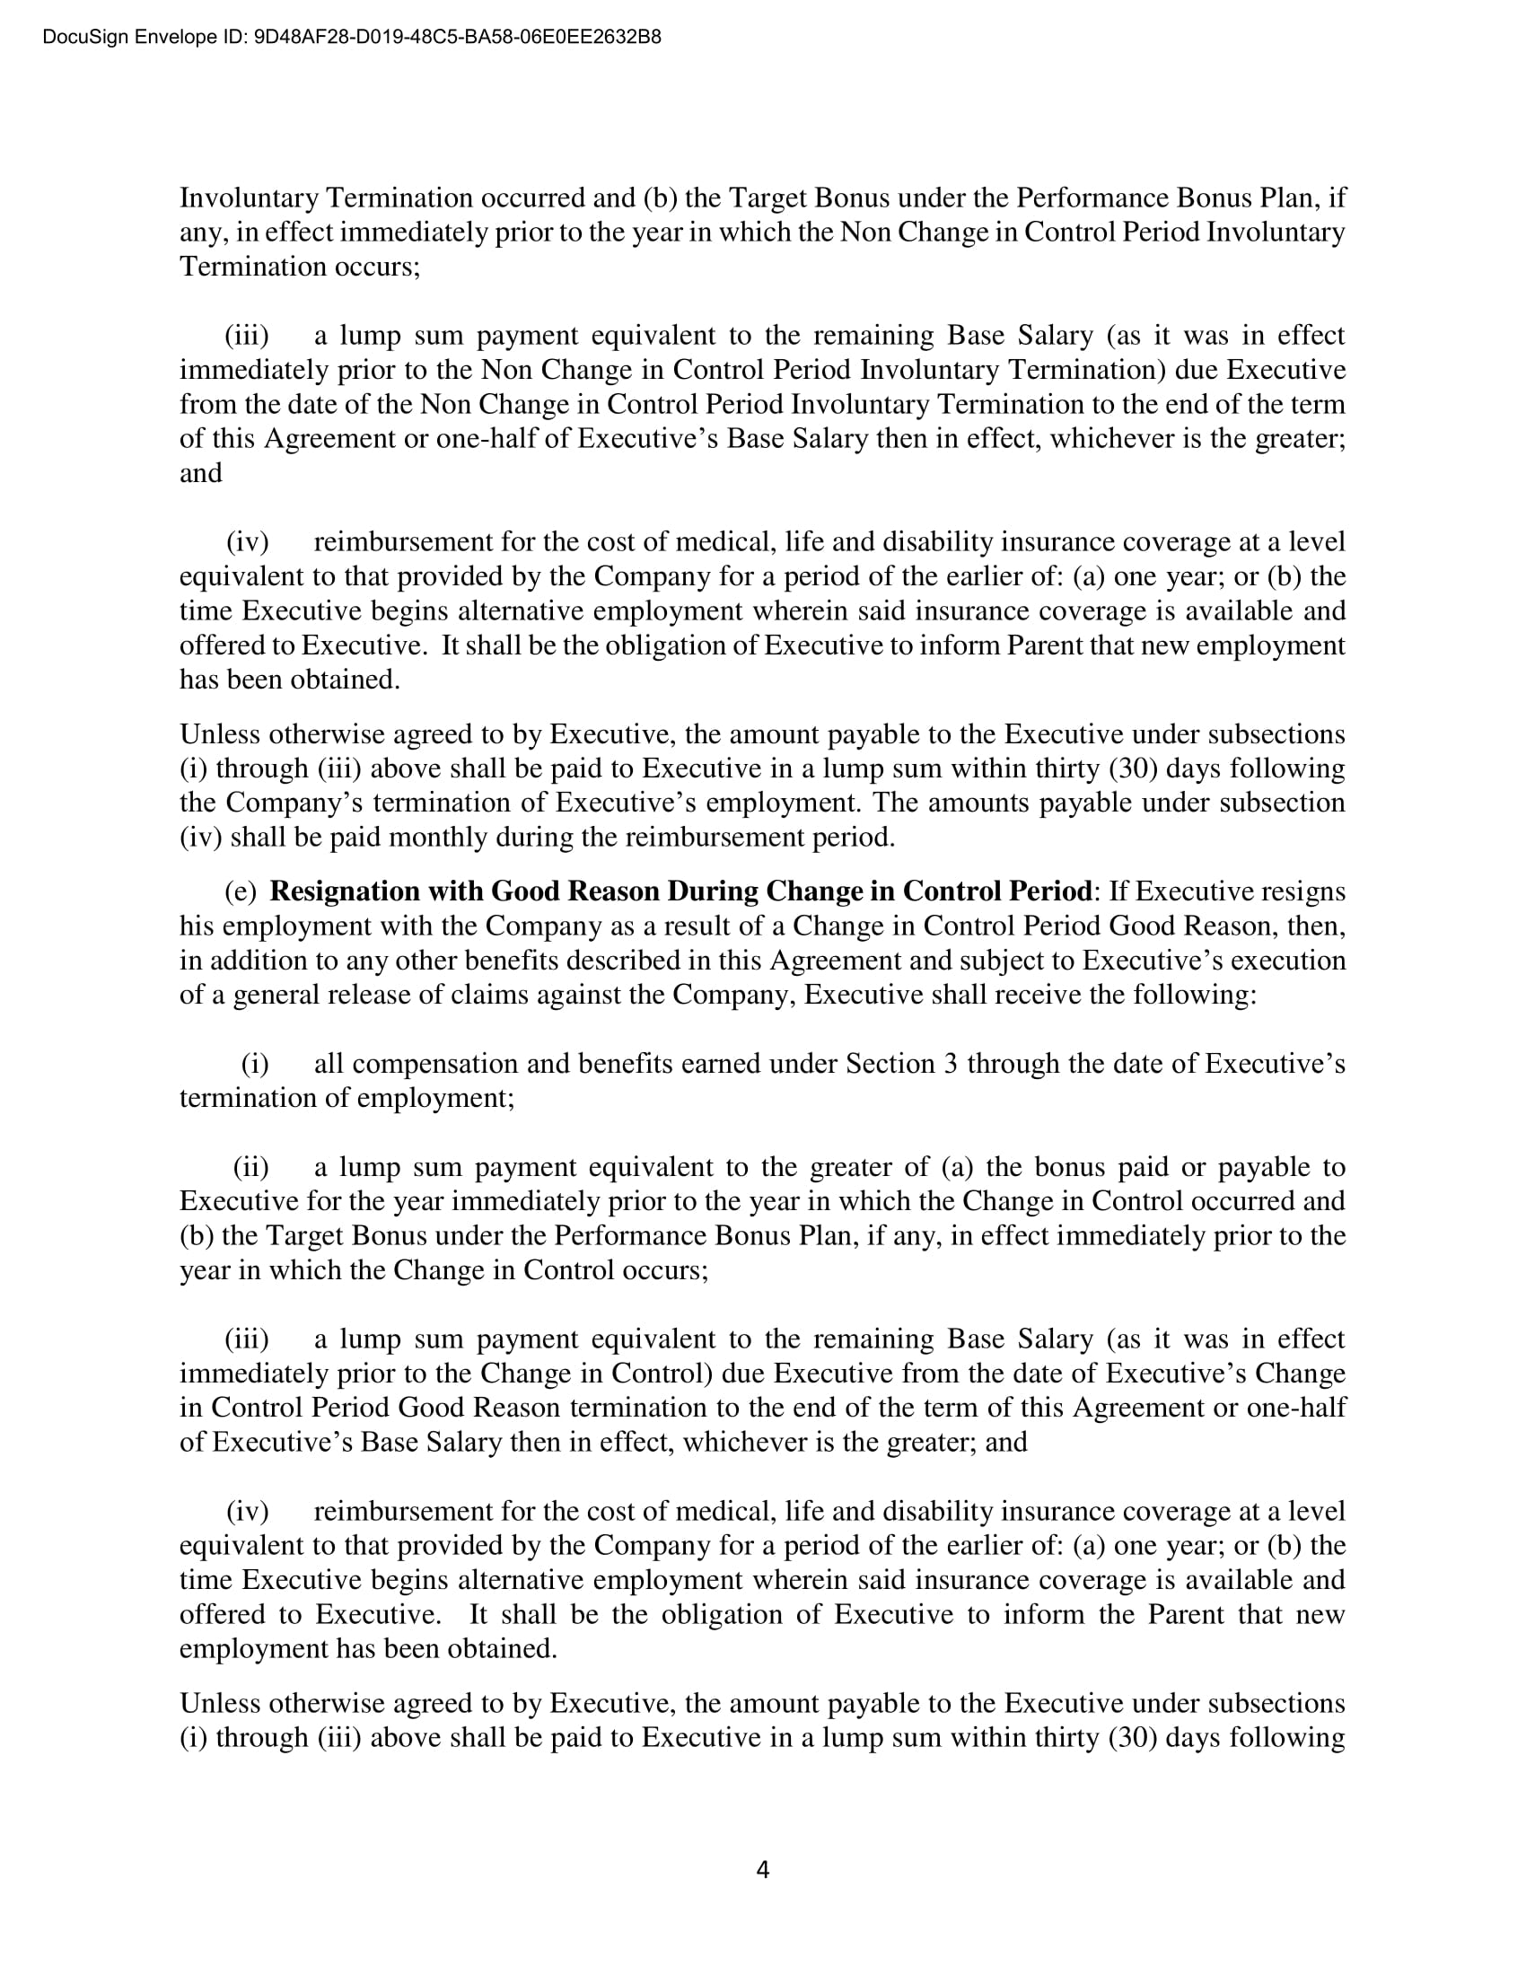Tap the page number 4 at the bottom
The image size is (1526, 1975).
tap(762, 1869)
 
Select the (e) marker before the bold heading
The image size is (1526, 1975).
tap(241, 891)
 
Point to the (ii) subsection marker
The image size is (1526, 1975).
tap(250, 1167)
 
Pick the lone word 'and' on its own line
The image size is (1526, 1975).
tap(201, 473)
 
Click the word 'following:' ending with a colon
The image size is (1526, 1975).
tap(1200, 995)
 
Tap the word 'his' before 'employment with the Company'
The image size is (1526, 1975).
tap(197, 926)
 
